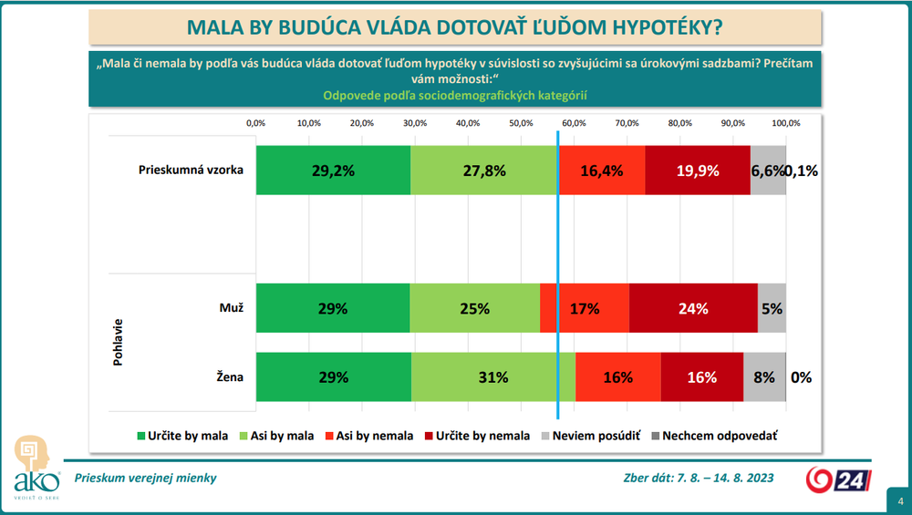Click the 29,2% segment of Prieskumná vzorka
point(333,170)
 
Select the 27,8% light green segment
point(483,170)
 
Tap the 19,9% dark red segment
point(698,170)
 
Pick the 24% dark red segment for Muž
point(693,309)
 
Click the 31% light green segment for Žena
point(493,376)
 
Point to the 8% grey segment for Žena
point(764,376)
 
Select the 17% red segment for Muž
point(585,309)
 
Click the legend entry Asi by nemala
point(377,436)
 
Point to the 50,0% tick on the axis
point(521,123)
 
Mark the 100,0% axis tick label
point(786,123)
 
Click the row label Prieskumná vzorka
point(191,170)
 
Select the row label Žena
point(229,376)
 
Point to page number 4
point(900,500)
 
